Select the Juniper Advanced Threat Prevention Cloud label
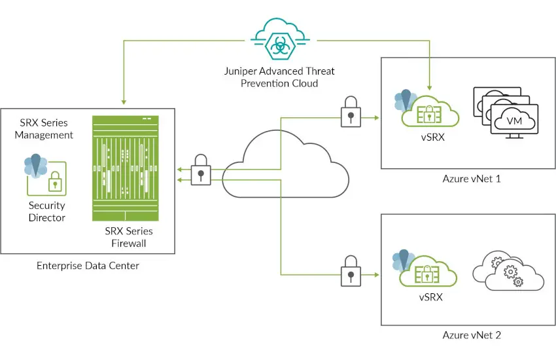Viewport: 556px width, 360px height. pyautogui.click(x=279, y=77)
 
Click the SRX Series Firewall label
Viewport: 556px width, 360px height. pyautogui.click(x=129, y=238)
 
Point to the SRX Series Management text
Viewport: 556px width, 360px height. pyautogui.click(x=44, y=129)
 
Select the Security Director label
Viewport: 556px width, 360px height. pyautogui.click(x=46, y=211)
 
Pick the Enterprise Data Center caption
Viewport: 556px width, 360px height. pyautogui.click(x=88, y=266)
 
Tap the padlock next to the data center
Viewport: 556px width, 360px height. pyautogui.click(x=201, y=171)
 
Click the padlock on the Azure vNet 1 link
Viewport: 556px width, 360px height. pyautogui.click(x=351, y=111)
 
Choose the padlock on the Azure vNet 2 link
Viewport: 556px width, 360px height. pyautogui.click(x=351, y=268)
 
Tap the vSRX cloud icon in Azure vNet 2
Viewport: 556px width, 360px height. pyautogui.click(x=428, y=270)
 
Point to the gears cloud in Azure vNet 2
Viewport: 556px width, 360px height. pyautogui.click(x=508, y=270)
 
